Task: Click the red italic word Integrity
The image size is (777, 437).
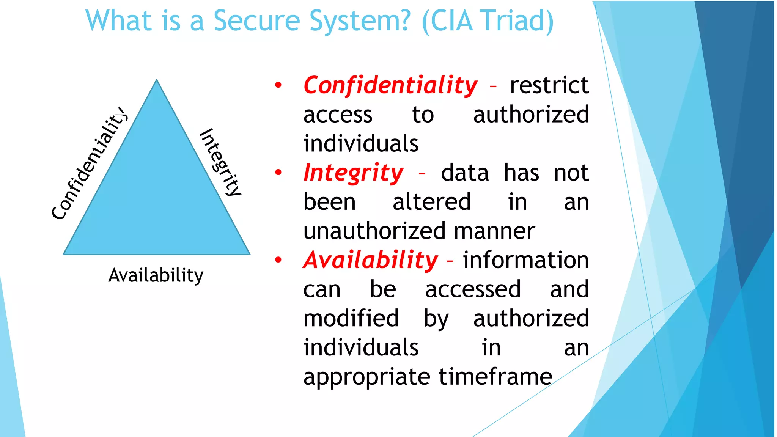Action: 354,173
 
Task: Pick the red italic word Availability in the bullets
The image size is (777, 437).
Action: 371,260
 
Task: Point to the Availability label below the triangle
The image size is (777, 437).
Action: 156,275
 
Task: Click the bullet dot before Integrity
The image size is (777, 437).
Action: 278,173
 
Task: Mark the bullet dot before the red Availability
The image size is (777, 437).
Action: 278,260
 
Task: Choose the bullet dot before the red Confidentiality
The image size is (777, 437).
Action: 278,85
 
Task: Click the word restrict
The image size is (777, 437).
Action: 549,85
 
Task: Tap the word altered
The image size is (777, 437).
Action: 431,202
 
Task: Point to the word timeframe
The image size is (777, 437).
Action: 495,377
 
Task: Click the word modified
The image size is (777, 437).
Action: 351,318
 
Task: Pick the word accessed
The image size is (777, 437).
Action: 473,289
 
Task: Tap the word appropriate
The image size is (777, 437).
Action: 366,377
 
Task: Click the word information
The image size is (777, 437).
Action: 526,260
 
